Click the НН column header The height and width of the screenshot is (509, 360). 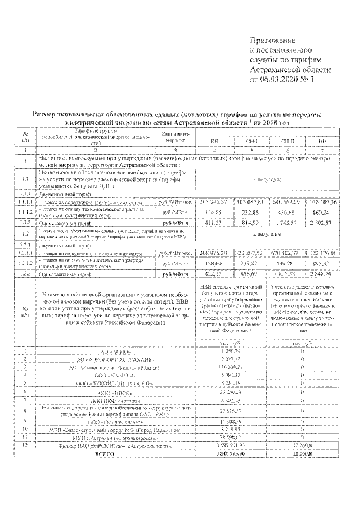click(322, 141)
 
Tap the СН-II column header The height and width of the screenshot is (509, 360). click(287, 141)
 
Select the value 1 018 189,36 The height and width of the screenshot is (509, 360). click(322, 201)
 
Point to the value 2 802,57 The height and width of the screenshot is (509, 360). click(322, 223)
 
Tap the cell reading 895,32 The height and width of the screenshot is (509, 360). click(322, 264)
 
